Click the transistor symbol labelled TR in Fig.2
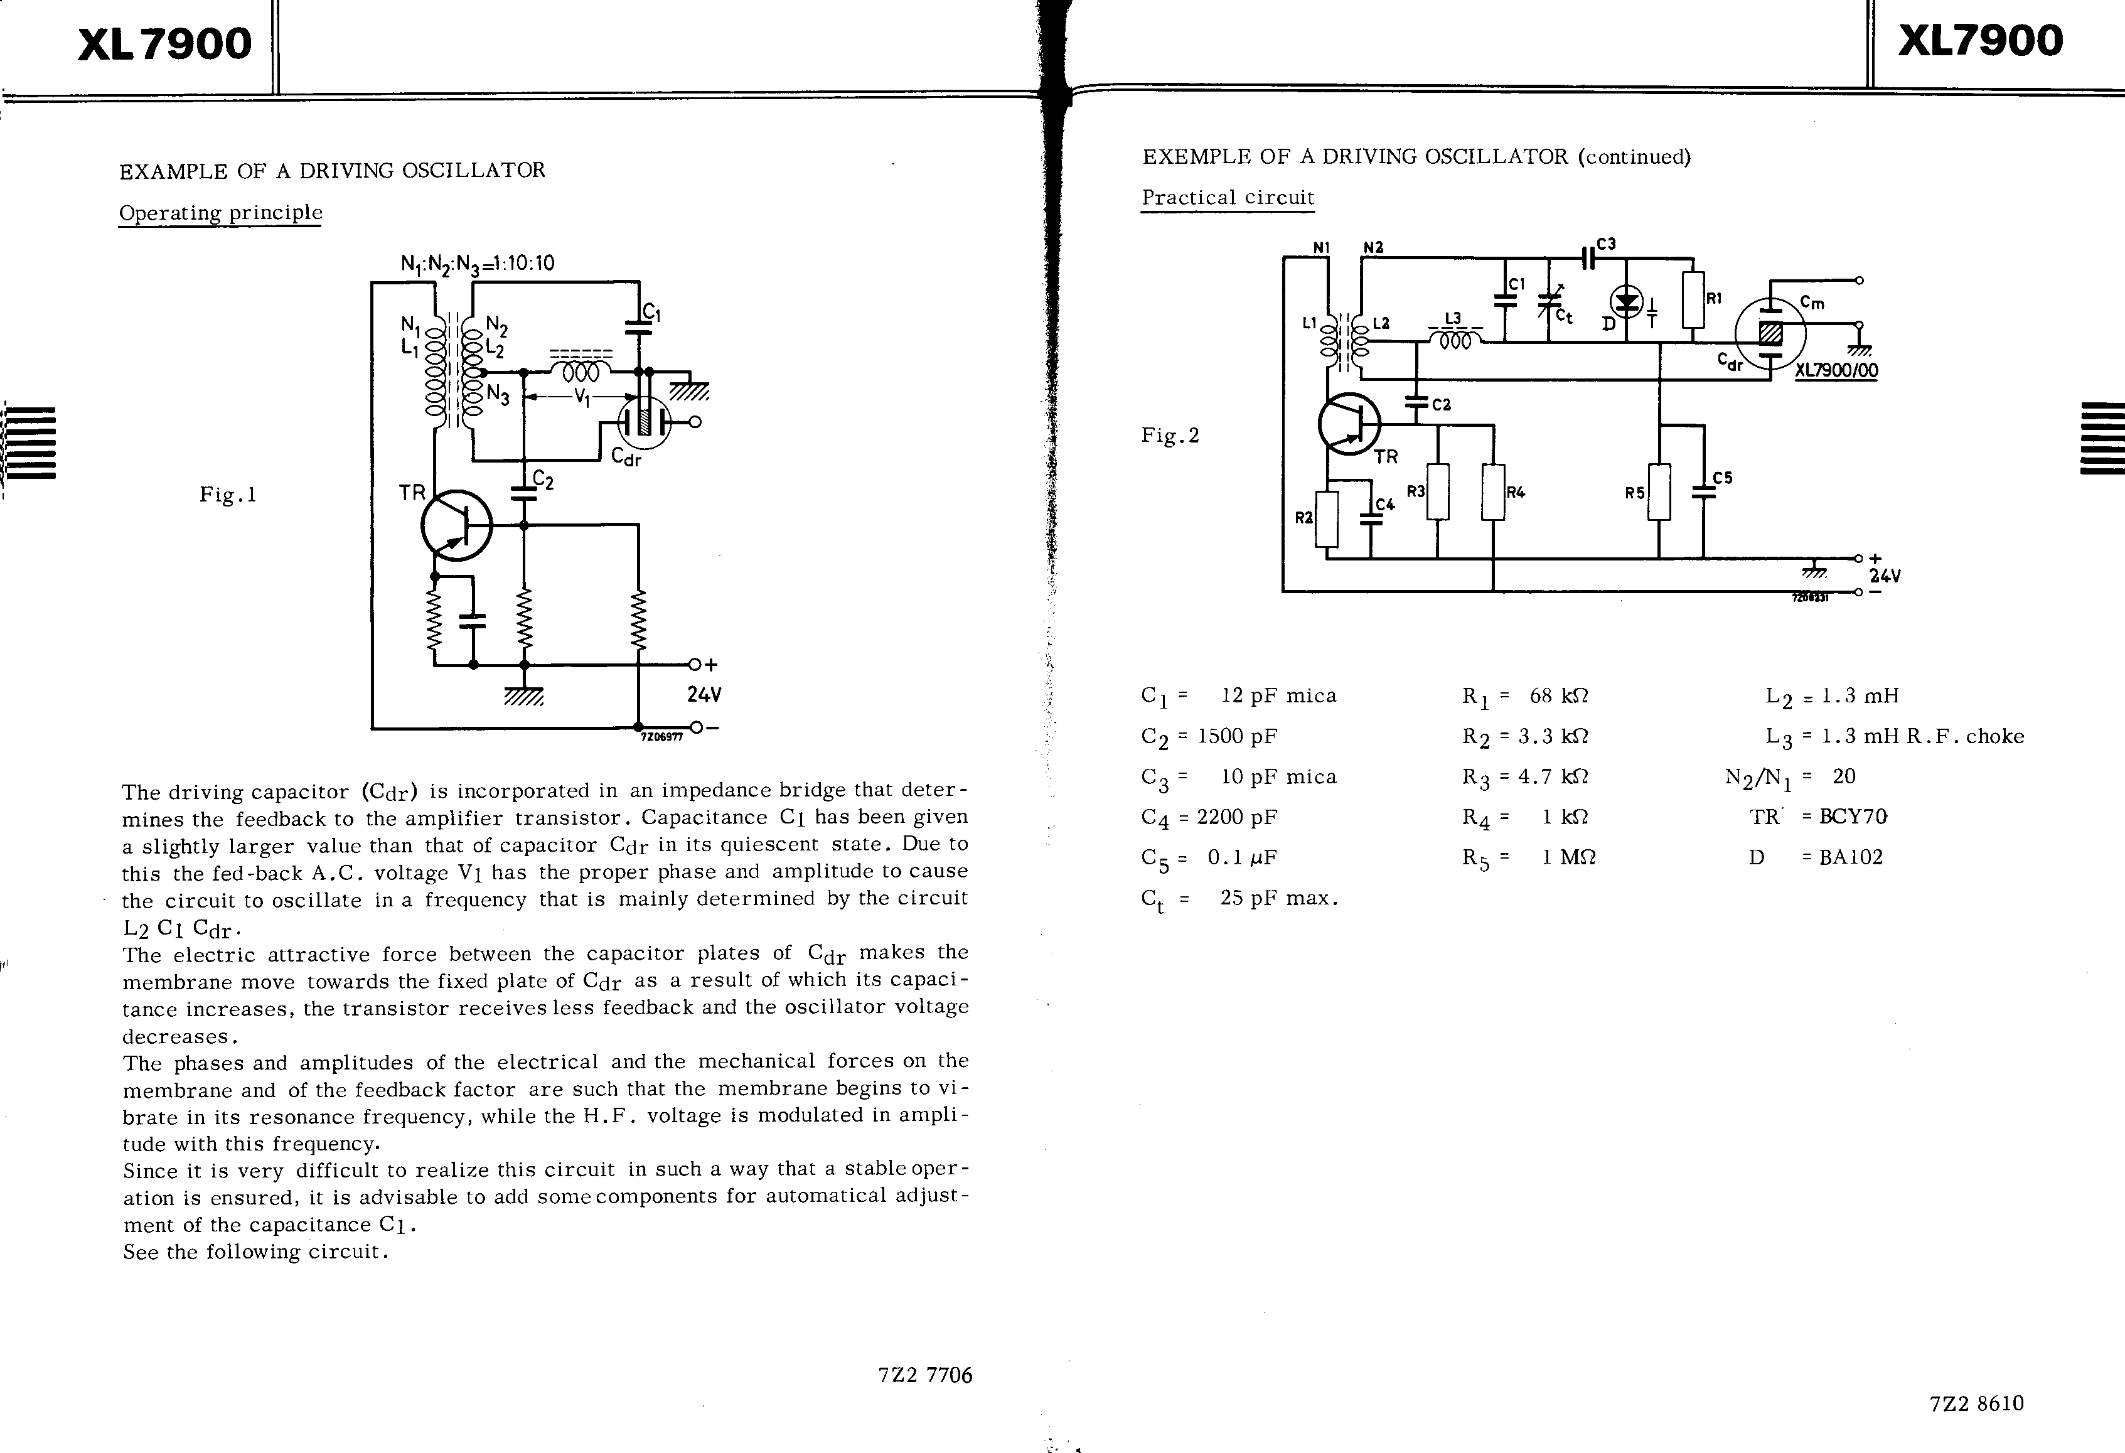click(1349, 424)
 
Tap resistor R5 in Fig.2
click(1659, 492)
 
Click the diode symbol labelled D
click(1625, 301)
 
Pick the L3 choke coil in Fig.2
click(1454, 340)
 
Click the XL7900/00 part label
click(1836, 370)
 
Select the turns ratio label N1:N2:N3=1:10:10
click(478, 264)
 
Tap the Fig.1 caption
click(228, 495)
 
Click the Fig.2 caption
click(1169, 435)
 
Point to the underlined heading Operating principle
click(220, 212)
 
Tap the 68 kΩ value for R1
click(1559, 696)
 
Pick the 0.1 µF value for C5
click(1242, 857)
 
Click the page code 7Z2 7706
click(924, 1375)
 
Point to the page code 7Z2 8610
click(1976, 1403)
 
